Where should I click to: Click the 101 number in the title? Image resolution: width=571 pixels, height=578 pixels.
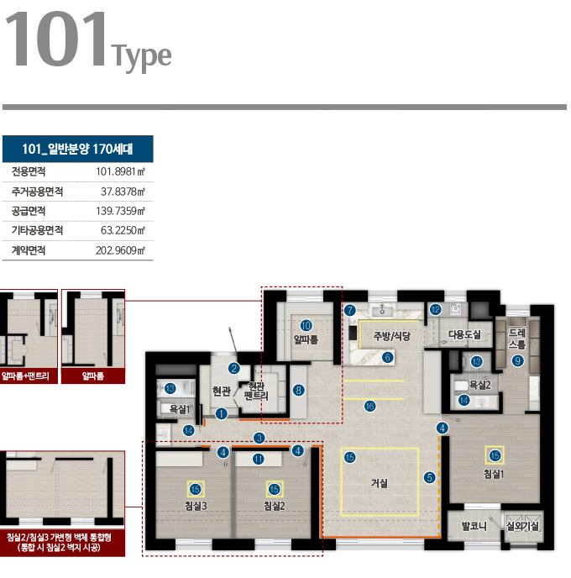(x=56, y=39)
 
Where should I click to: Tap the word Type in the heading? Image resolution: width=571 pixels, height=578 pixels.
(x=141, y=57)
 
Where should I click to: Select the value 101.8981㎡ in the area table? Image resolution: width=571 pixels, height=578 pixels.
(x=120, y=171)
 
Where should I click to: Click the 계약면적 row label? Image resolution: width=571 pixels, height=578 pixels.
(x=29, y=250)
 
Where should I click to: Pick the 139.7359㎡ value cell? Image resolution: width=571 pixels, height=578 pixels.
(x=120, y=211)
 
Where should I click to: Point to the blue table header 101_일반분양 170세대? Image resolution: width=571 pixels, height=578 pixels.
(x=78, y=149)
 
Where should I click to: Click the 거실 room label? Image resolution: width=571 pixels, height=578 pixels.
(x=380, y=483)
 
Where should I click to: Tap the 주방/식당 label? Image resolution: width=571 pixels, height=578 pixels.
(x=392, y=336)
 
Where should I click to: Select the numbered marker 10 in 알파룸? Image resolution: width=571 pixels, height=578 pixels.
(x=306, y=325)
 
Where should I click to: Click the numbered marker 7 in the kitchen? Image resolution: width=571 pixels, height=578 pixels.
(x=350, y=310)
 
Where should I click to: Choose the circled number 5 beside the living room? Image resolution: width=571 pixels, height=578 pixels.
(x=430, y=478)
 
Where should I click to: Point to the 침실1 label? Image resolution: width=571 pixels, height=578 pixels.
(x=493, y=474)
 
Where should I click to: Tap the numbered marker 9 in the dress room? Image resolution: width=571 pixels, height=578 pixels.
(x=517, y=360)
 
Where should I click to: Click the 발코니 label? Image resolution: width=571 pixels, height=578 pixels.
(x=474, y=526)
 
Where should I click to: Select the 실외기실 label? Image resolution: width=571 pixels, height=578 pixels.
(x=523, y=526)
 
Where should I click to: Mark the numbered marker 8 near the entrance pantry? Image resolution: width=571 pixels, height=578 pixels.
(x=299, y=390)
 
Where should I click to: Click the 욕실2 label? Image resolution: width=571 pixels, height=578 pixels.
(x=479, y=386)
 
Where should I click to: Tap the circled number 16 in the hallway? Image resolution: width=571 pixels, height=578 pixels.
(x=369, y=407)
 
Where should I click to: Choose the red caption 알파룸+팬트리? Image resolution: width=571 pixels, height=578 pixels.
(x=25, y=376)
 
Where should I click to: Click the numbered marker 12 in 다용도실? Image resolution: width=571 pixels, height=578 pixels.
(x=436, y=309)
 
